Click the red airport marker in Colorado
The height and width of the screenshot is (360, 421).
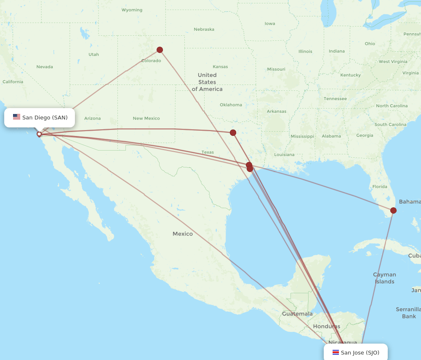pyautogui.click(x=160, y=50)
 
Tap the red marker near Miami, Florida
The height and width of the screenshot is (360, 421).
pyautogui.click(x=393, y=210)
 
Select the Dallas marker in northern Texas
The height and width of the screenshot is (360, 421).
pyautogui.click(x=233, y=133)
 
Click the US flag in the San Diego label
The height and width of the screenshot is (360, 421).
pyautogui.click(x=17, y=117)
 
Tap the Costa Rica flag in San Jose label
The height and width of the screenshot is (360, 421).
pyautogui.click(x=336, y=352)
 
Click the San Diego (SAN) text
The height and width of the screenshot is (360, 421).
pyautogui.click(x=45, y=118)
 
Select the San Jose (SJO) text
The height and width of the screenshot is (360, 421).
pyautogui.click(x=360, y=352)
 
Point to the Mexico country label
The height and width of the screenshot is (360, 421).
pyautogui.click(x=183, y=234)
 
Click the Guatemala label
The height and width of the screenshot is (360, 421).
pyautogui.click(x=297, y=314)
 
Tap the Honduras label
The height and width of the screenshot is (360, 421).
pyautogui.click(x=326, y=326)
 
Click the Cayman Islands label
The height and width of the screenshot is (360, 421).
pyautogui.click(x=384, y=278)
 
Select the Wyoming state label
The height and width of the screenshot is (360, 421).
pyautogui.click(x=132, y=10)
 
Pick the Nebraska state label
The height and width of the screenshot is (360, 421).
pyautogui.click(x=204, y=29)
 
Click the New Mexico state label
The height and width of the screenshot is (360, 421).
pyautogui.click(x=146, y=119)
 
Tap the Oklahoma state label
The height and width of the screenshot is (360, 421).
pyautogui.click(x=231, y=105)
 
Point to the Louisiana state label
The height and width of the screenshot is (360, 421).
pyautogui.click(x=284, y=155)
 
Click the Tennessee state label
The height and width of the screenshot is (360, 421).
pyautogui.click(x=335, y=99)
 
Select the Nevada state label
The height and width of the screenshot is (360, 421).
pyautogui.click(x=45, y=67)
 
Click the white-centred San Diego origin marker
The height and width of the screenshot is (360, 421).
pyautogui.click(x=39, y=134)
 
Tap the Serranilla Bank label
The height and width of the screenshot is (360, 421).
pyautogui.click(x=408, y=313)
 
